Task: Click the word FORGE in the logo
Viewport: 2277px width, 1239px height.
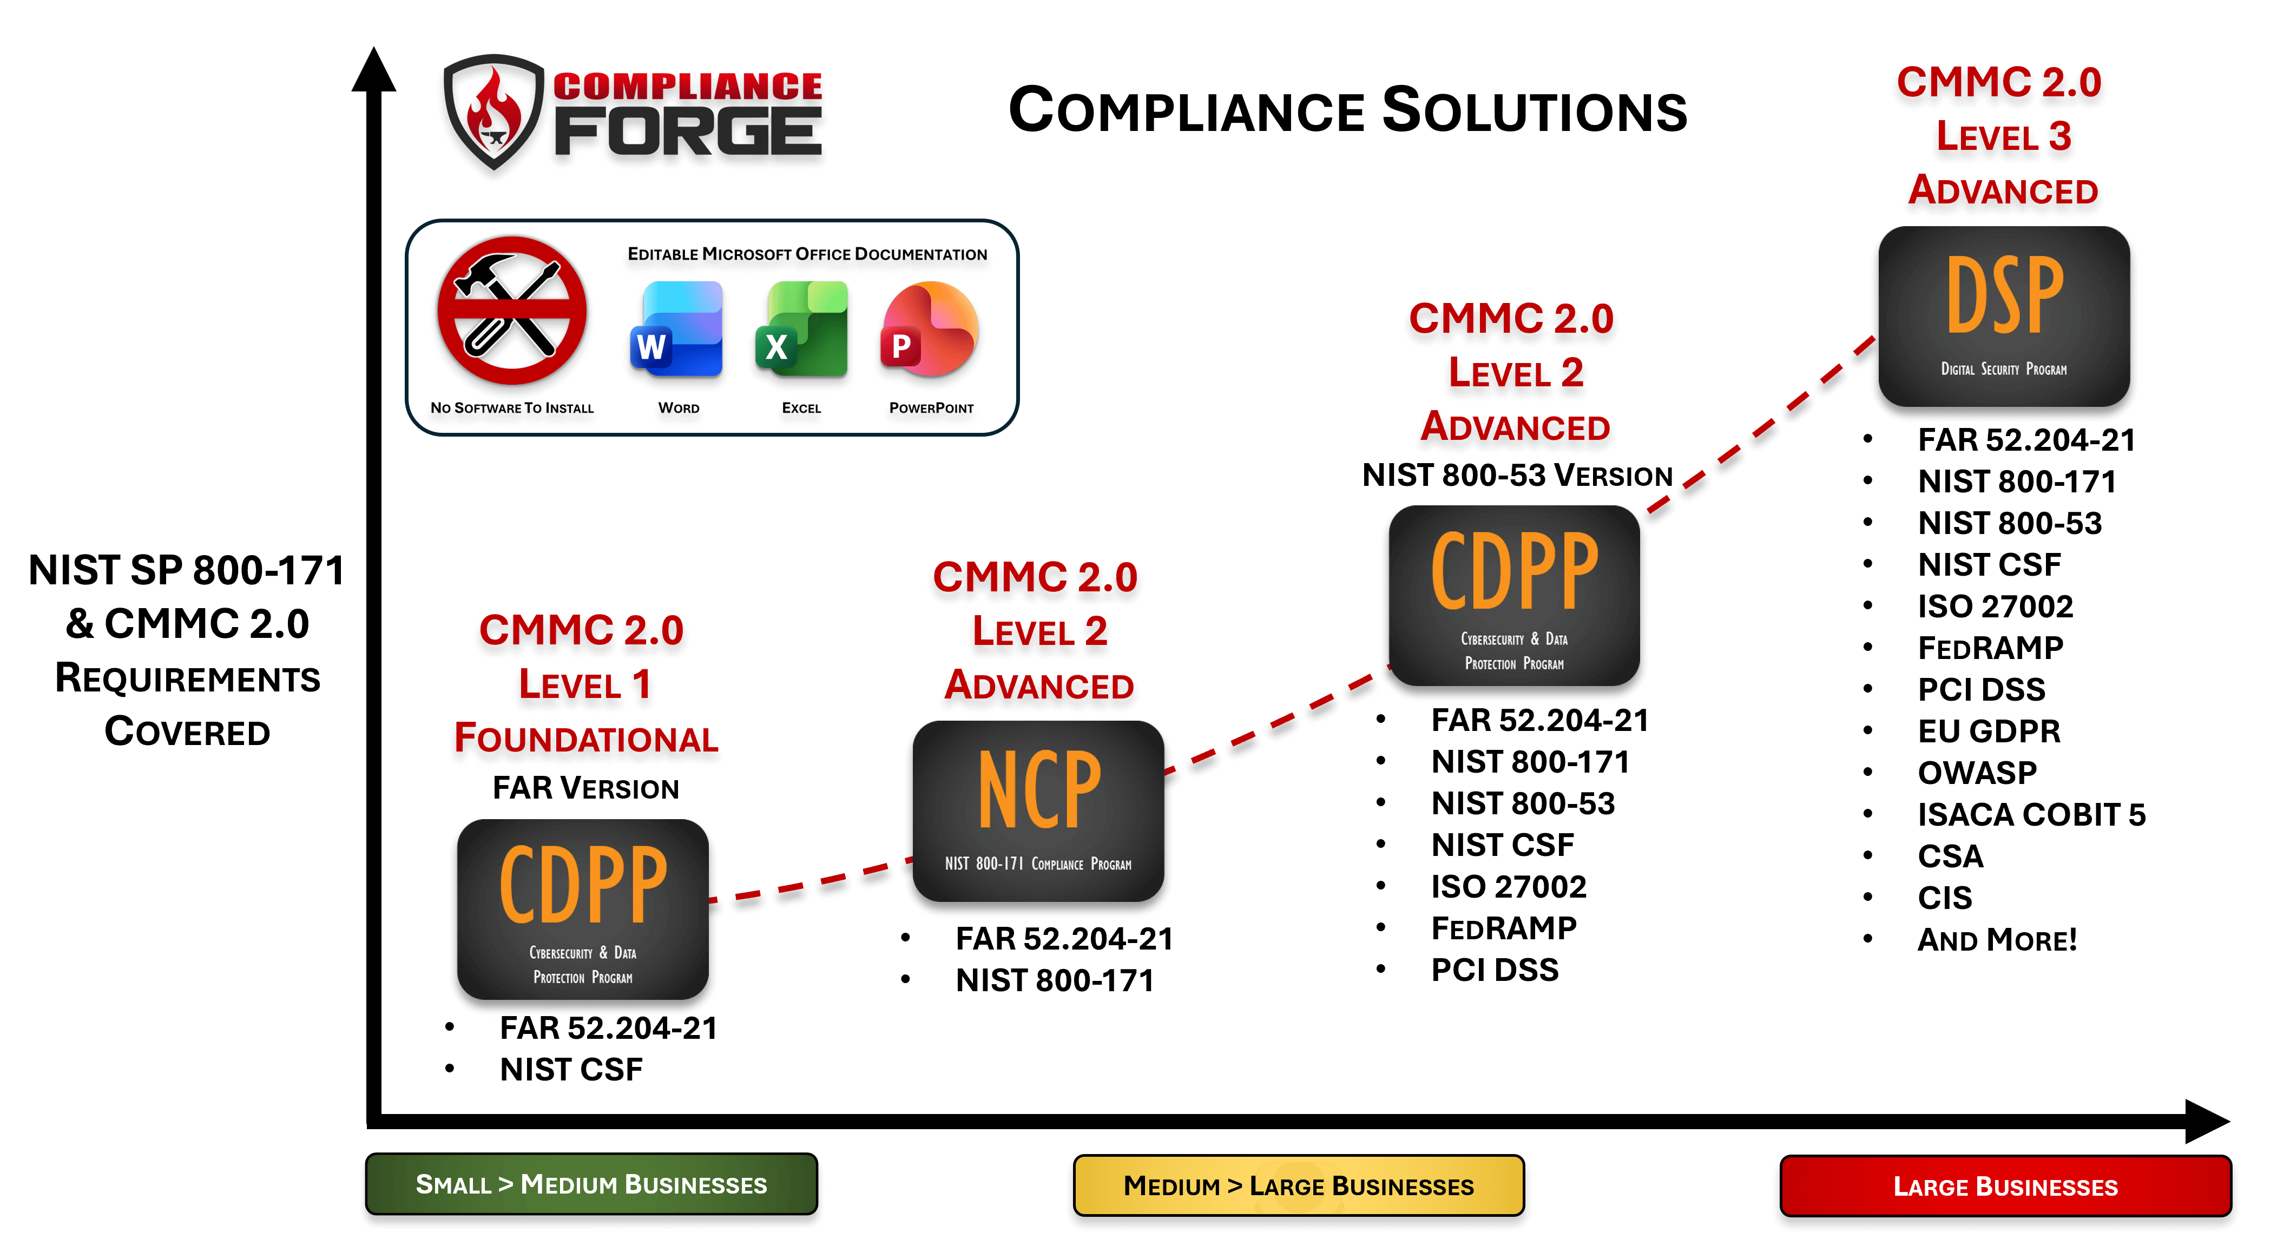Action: coord(688,131)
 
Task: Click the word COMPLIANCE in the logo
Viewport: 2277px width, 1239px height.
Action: coord(688,85)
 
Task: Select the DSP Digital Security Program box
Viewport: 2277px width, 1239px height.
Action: coord(2003,317)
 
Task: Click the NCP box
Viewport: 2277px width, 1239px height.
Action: coord(1038,810)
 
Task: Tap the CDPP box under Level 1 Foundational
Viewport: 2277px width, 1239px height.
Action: coord(583,910)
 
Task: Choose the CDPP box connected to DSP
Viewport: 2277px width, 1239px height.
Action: coord(1513,595)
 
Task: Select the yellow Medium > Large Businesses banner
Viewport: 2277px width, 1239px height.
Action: coord(1299,1185)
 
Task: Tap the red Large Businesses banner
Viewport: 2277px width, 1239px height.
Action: coord(2005,1186)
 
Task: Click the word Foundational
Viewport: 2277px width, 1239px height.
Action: coord(586,738)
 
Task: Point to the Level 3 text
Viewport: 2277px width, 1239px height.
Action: coord(2003,137)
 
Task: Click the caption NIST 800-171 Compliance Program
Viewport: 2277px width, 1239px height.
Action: coord(1038,864)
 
